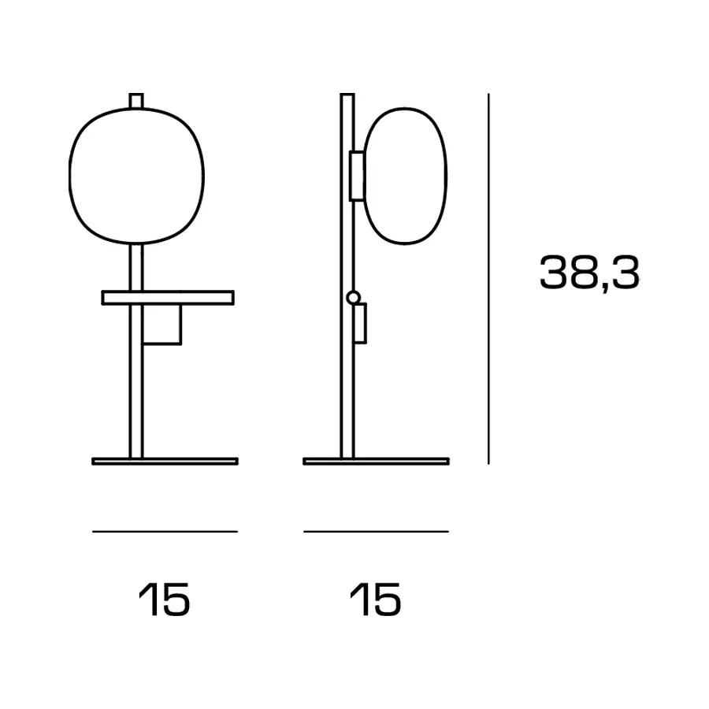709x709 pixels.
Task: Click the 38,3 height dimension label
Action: (x=589, y=273)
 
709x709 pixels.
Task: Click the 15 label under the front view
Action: (x=164, y=599)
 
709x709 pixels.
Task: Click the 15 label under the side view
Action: (x=375, y=599)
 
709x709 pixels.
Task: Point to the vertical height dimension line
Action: (x=488, y=279)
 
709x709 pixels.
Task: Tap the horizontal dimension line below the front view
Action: (x=165, y=531)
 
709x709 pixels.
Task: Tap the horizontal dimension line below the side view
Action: (x=377, y=531)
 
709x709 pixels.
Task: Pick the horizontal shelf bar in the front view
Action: (x=168, y=298)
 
